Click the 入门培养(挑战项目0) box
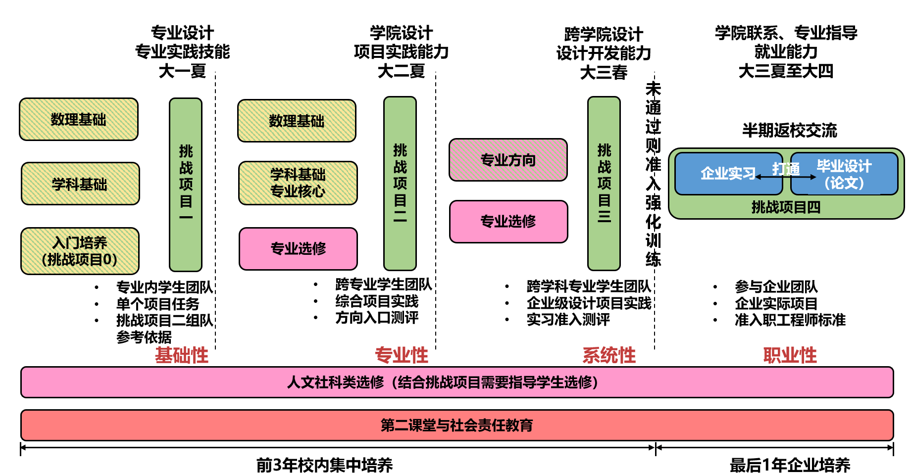[80, 251]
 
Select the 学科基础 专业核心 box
[298, 183]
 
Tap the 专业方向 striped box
[508, 160]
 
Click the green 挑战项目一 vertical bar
[186, 184]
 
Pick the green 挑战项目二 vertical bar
[400, 183]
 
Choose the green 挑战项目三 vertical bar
[604, 183]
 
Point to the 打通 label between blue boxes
[786, 169]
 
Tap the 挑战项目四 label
[786, 207]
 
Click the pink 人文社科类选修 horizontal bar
[456, 382]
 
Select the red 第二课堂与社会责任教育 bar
[456, 425]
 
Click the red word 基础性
[182, 355]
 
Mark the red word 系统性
[609, 355]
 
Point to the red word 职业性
[790, 355]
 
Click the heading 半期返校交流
[789, 131]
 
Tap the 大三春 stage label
[604, 73]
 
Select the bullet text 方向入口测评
[377, 318]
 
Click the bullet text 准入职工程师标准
[790, 320]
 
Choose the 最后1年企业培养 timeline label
[790, 465]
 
